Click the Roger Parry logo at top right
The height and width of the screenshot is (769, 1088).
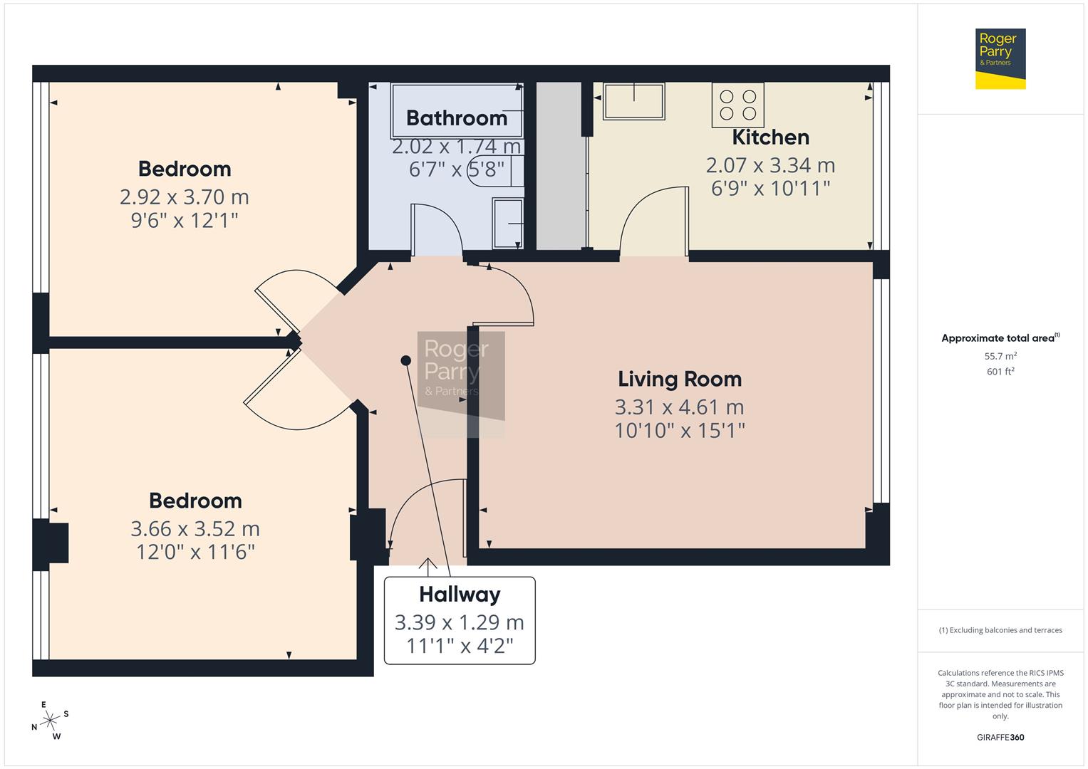tap(1000, 58)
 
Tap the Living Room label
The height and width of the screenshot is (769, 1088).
tap(679, 379)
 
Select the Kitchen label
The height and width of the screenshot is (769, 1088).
tap(770, 137)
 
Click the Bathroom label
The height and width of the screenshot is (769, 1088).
tap(456, 118)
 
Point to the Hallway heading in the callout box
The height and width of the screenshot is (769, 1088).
tap(460, 594)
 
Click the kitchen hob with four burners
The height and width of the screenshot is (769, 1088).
tap(737, 105)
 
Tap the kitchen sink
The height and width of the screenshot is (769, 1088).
tap(633, 101)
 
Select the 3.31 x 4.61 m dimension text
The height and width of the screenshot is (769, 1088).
tap(679, 407)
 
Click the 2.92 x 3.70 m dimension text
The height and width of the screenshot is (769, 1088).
tap(184, 197)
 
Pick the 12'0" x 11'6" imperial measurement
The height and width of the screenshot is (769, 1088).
tap(195, 552)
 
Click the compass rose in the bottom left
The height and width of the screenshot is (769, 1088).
tap(50, 721)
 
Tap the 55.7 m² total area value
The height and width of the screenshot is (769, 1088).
tap(1000, 356)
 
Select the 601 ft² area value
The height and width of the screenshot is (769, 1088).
tap(1000, 372)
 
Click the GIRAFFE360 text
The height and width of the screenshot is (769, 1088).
tap(1000, 737)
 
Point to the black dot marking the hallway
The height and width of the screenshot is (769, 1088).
tap(405, 360)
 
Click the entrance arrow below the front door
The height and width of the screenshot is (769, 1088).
tap(428, 566)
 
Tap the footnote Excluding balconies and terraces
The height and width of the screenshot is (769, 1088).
tap(1000, 630)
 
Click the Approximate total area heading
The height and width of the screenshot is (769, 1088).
tap(1000, 338)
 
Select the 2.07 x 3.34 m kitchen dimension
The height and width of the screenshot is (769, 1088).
tap(770, 165)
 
